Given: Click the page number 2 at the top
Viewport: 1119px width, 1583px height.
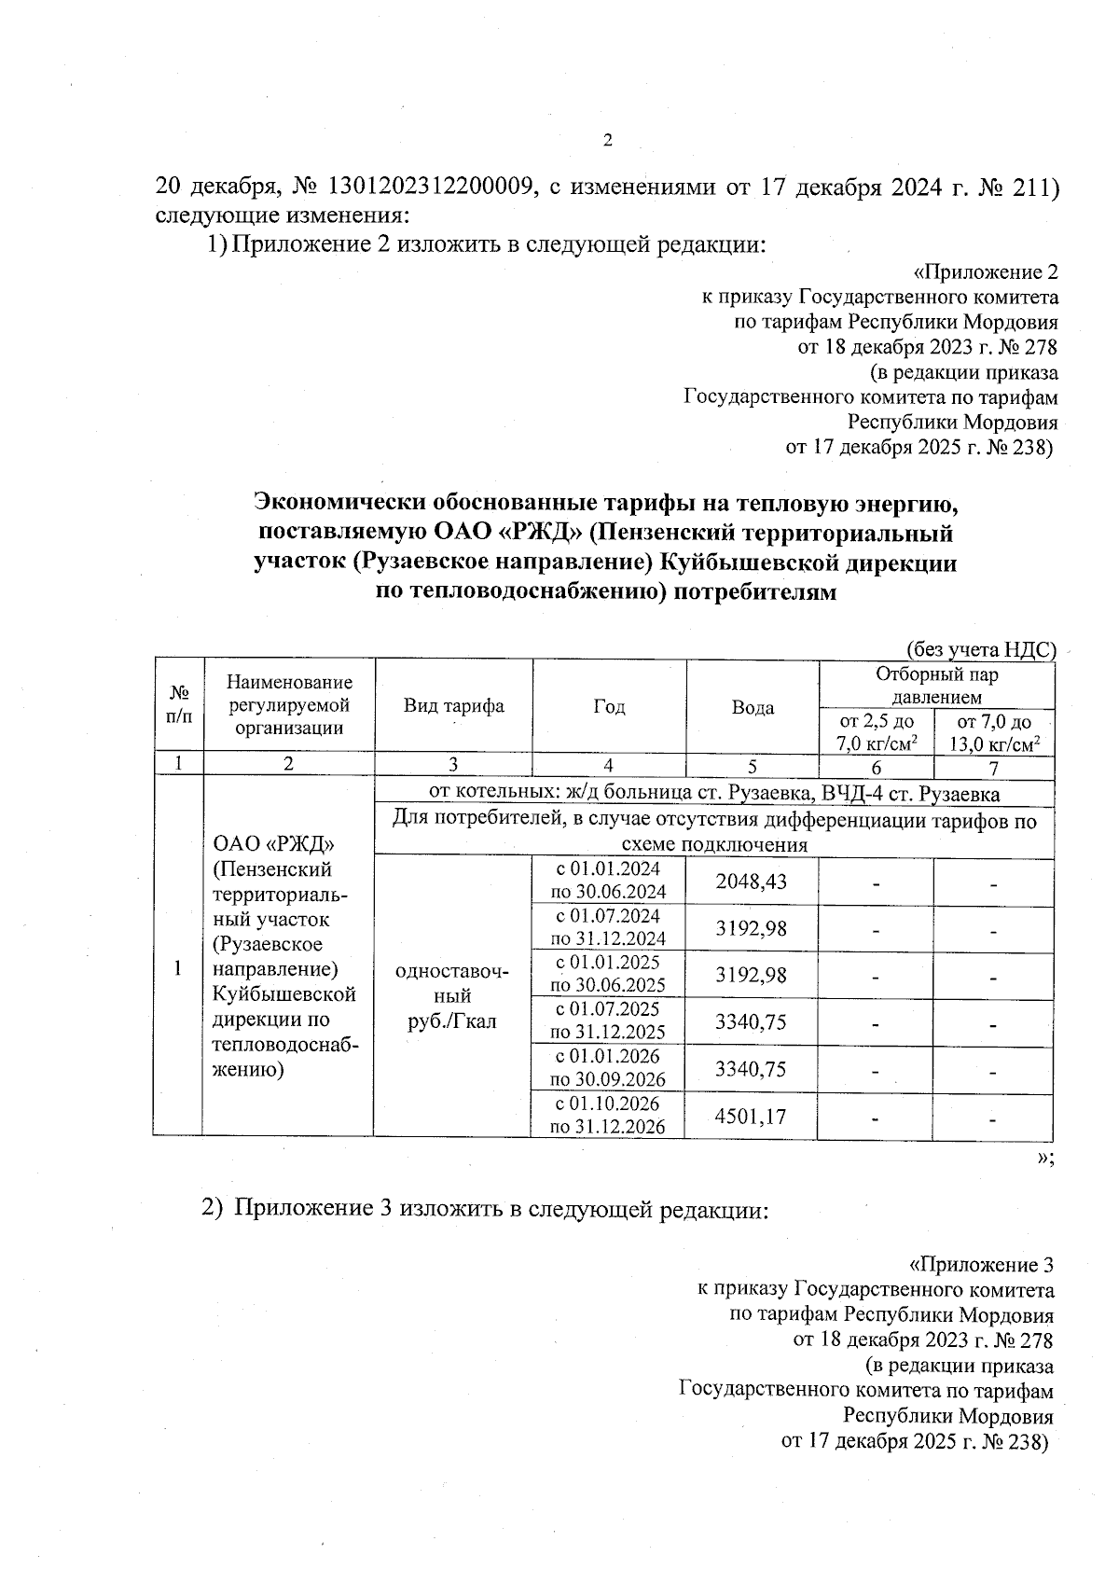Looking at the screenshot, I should click(x=608, y=142).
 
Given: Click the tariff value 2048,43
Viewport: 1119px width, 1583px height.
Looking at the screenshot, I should click(x=751, y=881).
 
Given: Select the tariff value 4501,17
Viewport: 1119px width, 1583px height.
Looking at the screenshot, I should click(x=751, y=1115).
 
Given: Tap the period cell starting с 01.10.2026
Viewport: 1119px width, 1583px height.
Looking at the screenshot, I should click(x=607, y=1115).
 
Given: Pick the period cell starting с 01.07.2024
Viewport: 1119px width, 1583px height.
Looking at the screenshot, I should click(x=607, y=926).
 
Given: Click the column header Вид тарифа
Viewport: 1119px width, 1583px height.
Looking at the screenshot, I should click(x=453, y=706).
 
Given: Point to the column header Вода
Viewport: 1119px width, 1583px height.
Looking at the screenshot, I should click(x=753, y=707).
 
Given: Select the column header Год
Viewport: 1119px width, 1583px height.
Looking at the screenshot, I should click(x=609, y=706).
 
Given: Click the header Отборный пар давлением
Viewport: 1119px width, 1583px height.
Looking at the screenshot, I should click(x=936, y=686).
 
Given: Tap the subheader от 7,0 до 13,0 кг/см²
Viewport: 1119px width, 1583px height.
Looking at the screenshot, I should click(x=994, y=733).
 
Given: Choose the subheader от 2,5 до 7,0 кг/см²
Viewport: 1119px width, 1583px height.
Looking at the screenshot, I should click(x=877, y=733).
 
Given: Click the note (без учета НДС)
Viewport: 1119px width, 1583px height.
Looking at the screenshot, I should click(x=980, y=650).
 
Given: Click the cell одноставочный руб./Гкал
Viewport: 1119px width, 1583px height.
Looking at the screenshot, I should click(x=452, y=996).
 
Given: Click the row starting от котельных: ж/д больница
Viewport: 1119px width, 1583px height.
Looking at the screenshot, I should click(x=713, y=794).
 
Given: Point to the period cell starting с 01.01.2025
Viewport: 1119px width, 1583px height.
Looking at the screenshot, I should click(x=607, y=973).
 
